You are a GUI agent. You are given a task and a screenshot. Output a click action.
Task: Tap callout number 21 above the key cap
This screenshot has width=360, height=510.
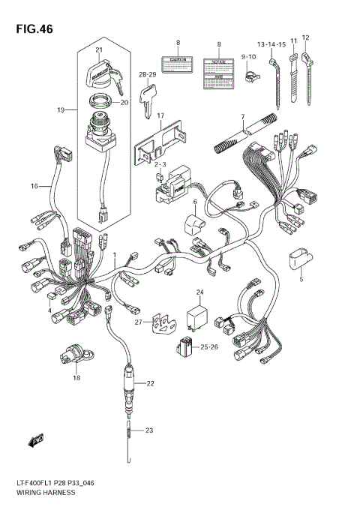coord(98,50)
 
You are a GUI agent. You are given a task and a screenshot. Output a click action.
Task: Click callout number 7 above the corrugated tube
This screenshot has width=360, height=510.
coord(243,117)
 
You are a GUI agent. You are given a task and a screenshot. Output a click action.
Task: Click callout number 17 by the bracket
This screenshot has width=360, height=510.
coord(160,115)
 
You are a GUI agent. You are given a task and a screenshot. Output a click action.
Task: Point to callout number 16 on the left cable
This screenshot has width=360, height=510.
coord(34,186)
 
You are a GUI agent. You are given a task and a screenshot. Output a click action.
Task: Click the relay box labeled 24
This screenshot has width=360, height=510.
coord(199,313)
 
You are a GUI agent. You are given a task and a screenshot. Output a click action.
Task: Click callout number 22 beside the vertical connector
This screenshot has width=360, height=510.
coord(150,383)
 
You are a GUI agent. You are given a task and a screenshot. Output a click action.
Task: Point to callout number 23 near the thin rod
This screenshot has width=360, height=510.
coord(149,430)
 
